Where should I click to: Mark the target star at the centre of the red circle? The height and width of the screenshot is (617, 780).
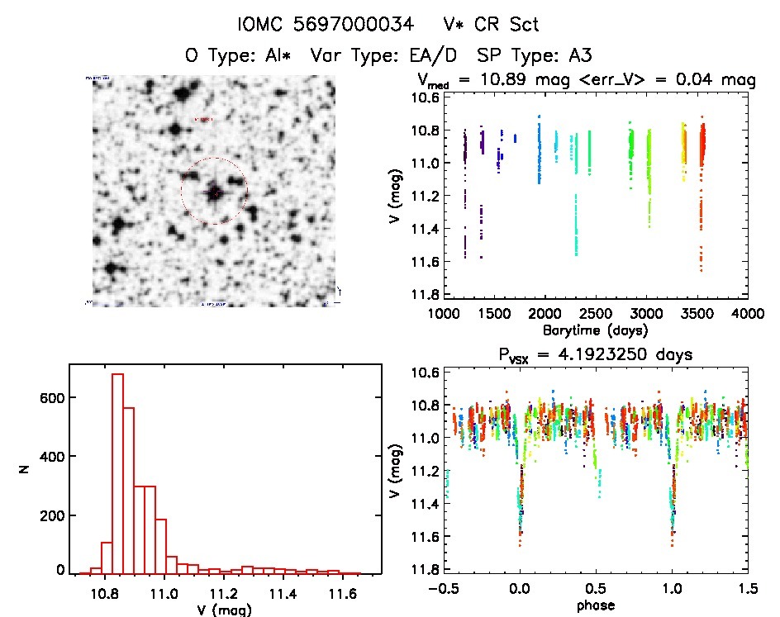[x=215, y=192]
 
